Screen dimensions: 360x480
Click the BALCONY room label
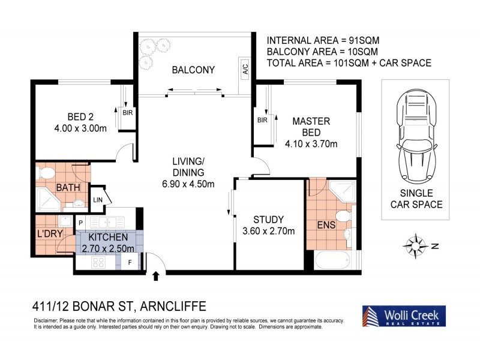[193, 70]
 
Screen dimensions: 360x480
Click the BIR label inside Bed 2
[128, 112]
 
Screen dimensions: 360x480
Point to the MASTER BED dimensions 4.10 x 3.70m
[311, 143]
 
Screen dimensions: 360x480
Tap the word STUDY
[268, 219]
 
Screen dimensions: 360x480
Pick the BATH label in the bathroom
[68, 188]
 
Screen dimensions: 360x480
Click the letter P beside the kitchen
[80, 223]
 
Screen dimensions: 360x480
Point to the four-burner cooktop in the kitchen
[98, 262]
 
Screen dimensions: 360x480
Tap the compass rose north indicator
[414, 245]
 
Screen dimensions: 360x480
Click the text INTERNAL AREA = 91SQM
[323, 41]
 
